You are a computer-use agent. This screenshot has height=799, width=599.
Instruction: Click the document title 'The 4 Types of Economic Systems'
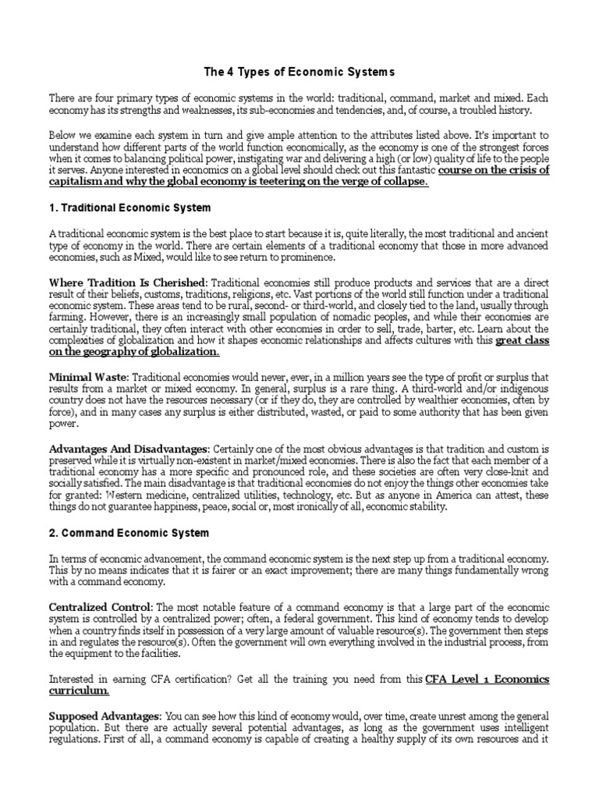299,72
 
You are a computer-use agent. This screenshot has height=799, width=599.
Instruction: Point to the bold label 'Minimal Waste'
87,375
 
